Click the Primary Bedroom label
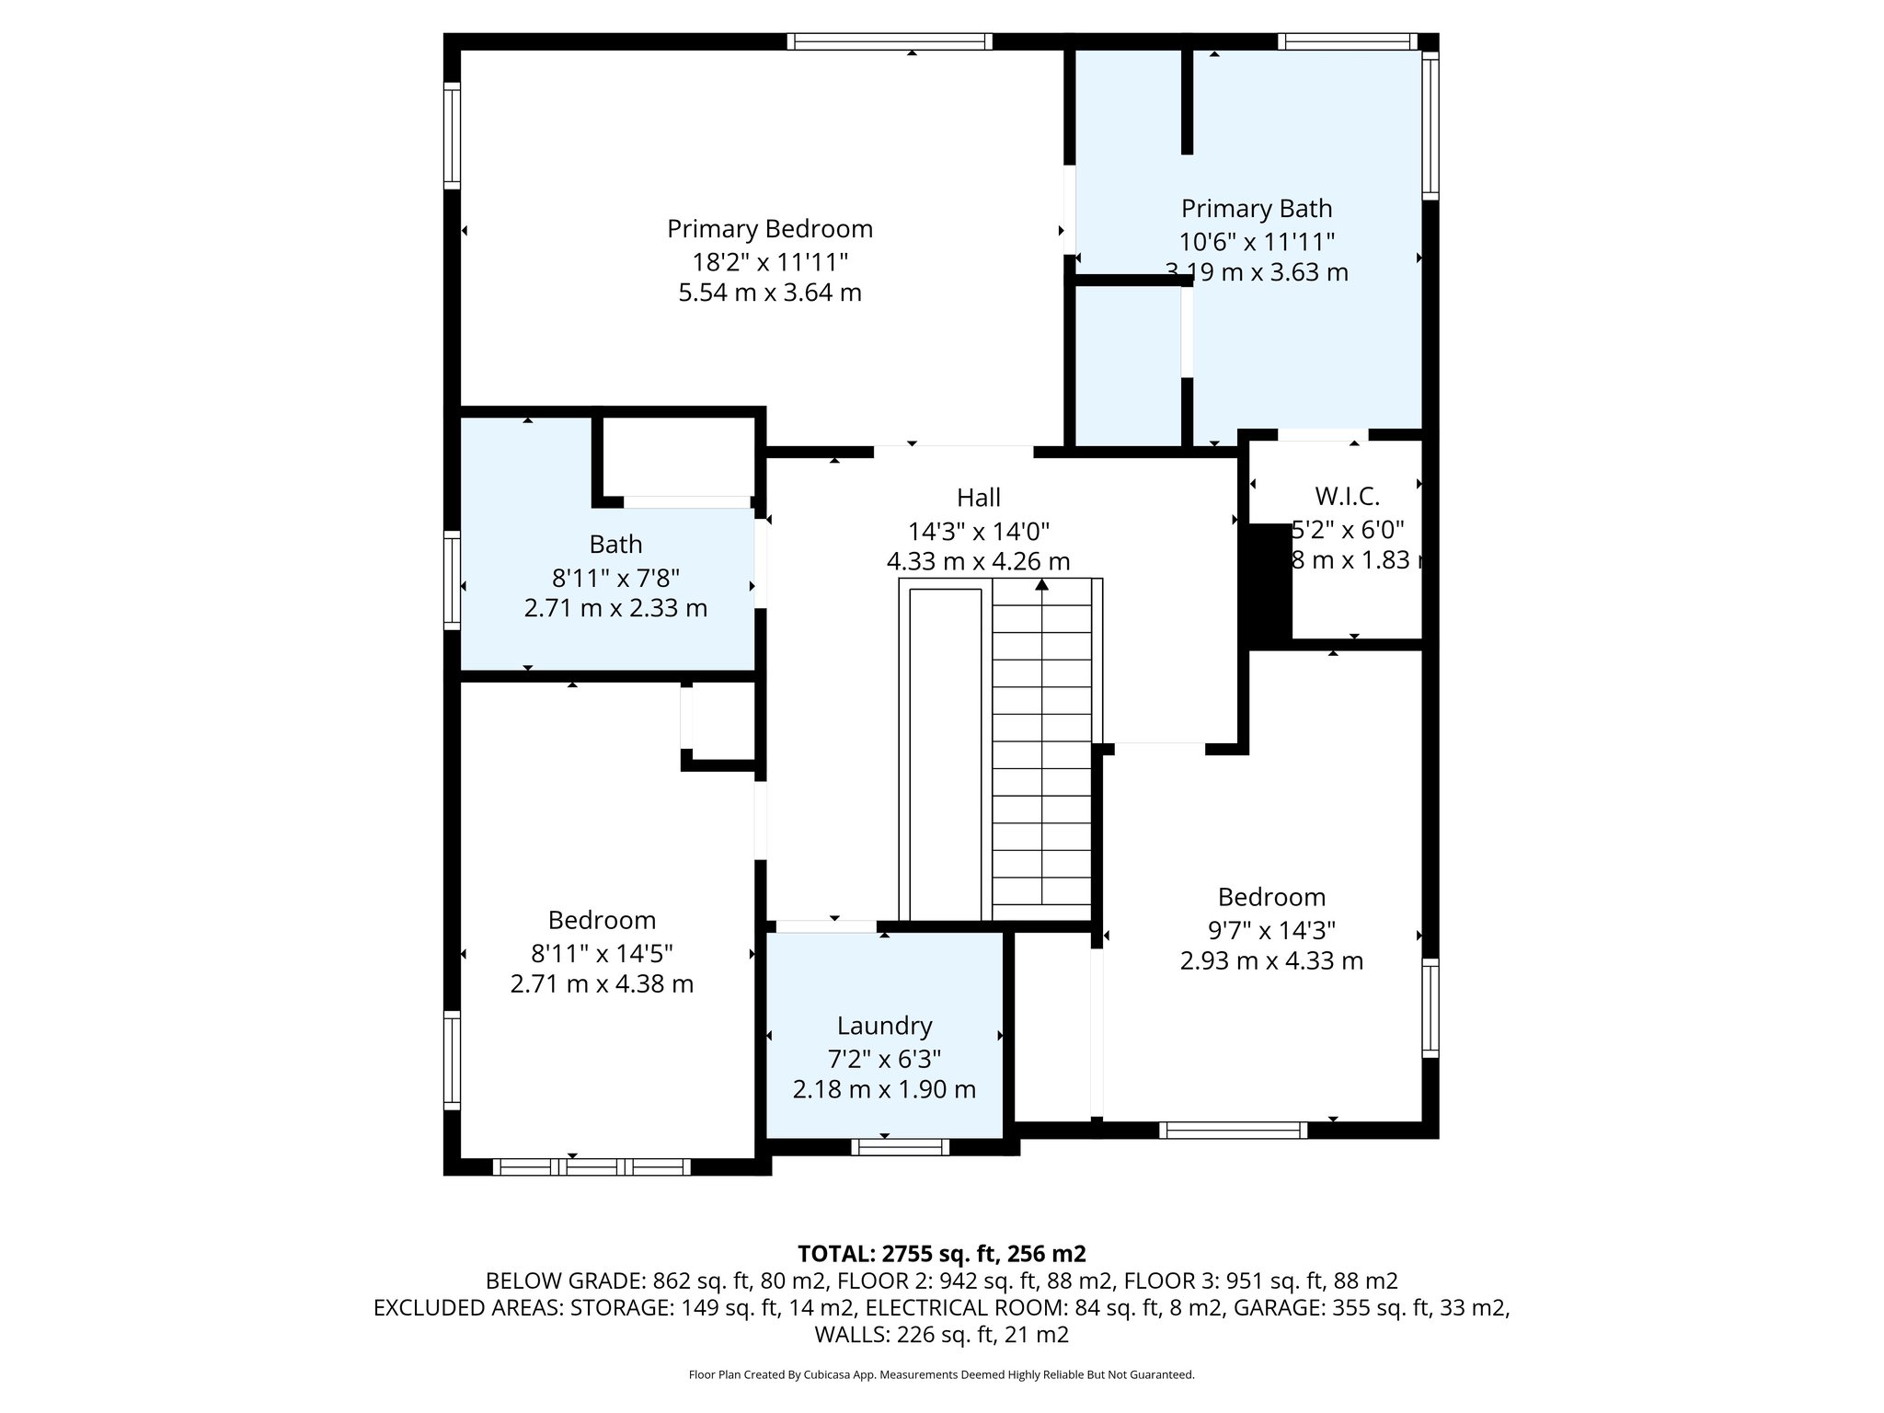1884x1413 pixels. pos(769,228)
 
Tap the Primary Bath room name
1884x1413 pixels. pos(1256,209)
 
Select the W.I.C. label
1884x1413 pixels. pos(1347,497)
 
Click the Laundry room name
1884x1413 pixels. pos(884,1025)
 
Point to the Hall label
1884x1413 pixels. pos(978,498)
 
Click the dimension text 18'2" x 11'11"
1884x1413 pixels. pos(769,262)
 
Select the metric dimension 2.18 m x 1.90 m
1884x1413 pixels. pos(884,1089)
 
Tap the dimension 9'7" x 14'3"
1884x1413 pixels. pos(1271,930)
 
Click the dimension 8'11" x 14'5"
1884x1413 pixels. pos(602,953)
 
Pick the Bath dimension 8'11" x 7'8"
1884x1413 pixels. pos(615,578)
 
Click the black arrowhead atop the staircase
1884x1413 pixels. pos(1041,584)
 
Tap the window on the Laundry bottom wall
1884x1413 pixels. pos(900,1146)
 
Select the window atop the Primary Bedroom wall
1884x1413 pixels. pos(890,41)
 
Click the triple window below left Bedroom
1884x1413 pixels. pos(592,1166)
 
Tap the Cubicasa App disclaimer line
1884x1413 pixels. pos(941,1374)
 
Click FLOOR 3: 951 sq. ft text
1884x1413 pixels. pos(1260,1281)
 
